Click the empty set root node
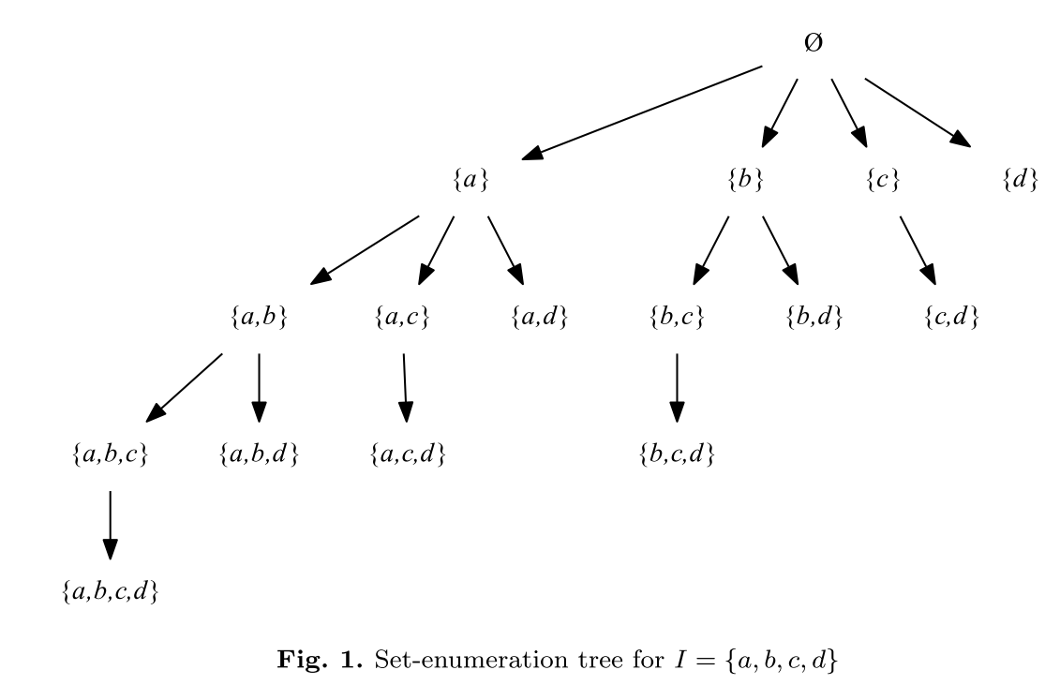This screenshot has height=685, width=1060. point(814,44)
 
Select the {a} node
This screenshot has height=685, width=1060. point(470,181)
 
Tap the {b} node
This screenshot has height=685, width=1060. point(745,181)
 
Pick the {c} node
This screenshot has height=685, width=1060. point(883,181)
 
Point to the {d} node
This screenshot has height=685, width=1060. point(1020,181)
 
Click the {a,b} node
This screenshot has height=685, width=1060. point(258,319)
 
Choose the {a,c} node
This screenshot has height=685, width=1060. point(402,319)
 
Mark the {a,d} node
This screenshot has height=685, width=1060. point(540,319)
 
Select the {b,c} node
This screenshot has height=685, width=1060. point(677,319)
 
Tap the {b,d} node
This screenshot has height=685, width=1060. point(814,319)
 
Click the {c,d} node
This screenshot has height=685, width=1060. point(951,319)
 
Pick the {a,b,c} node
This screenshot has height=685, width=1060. point(110,455)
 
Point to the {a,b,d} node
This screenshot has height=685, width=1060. point(258,455)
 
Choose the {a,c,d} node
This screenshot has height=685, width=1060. point(406,455)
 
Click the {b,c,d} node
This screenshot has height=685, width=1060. point(677,455)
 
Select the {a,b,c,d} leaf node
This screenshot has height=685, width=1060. point(110,593)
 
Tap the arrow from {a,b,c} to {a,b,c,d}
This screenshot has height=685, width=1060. point(110,525)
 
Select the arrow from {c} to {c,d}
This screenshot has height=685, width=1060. point(918,249)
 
